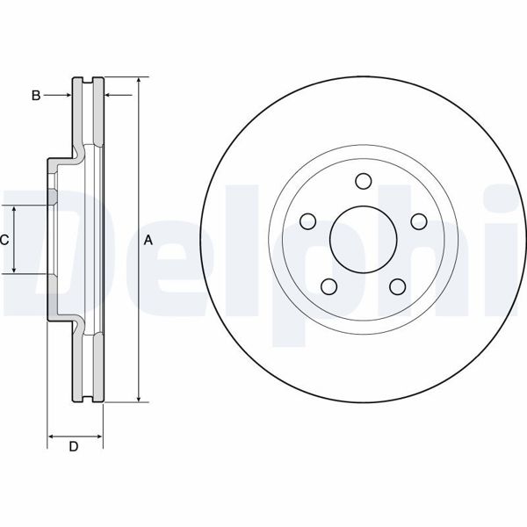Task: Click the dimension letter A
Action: (x=148, y=240)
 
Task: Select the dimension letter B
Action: (x=36, y=95)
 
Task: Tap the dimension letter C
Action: (x=4, y=240)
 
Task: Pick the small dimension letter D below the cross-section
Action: (x=74, y=447)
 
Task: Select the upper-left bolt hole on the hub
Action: (x=307, y=221)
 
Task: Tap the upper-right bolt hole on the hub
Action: (x=419, y=221)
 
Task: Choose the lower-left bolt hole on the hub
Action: (x=328, y=286)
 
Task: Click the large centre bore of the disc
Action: (x=364, y=239)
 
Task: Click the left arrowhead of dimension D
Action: (x=51, y=435)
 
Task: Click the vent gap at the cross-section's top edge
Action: (x=87, y=81)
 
